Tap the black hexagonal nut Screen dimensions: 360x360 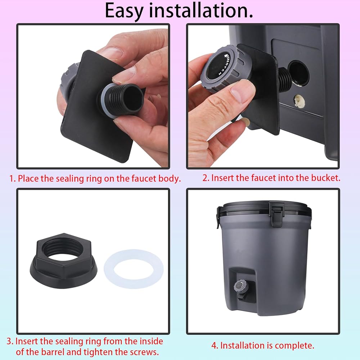[64, 257]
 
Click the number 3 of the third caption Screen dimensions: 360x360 [9, 341]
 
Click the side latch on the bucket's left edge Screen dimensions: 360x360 [219, 217]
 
